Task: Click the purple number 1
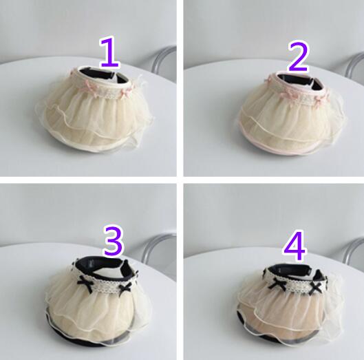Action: point(109,52)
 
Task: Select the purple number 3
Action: point(113,241)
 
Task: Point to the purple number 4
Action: point(295,246)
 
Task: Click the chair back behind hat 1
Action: point(162,59)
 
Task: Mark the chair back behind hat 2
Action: point(355,65)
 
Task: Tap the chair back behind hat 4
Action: point(353,250)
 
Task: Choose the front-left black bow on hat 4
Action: point(277,284)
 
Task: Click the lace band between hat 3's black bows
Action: point(106,285)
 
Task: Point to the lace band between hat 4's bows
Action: point(298,286)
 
